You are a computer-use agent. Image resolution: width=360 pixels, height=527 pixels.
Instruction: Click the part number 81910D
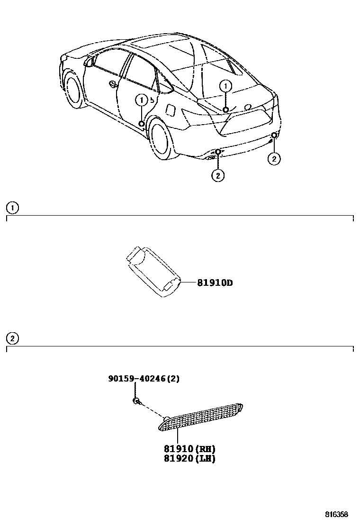[215, 283]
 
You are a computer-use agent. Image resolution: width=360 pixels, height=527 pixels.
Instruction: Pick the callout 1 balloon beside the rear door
[141, 100]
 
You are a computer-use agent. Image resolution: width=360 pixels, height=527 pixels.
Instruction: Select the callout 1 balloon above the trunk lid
[226, 86]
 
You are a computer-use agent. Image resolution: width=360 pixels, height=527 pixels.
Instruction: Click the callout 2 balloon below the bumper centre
[217, 175]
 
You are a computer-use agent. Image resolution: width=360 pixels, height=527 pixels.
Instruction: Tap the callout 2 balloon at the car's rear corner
[274, 159]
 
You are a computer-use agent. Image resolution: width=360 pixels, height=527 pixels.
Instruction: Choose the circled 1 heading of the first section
[12, 207]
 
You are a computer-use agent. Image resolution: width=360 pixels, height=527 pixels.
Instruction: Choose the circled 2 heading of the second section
[12, 338]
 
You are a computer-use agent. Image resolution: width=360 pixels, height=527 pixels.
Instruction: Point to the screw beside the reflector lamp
[136, 402]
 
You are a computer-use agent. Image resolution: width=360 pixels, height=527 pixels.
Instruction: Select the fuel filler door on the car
[171, 109]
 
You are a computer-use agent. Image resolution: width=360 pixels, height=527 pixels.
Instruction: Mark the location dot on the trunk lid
[226, 109]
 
